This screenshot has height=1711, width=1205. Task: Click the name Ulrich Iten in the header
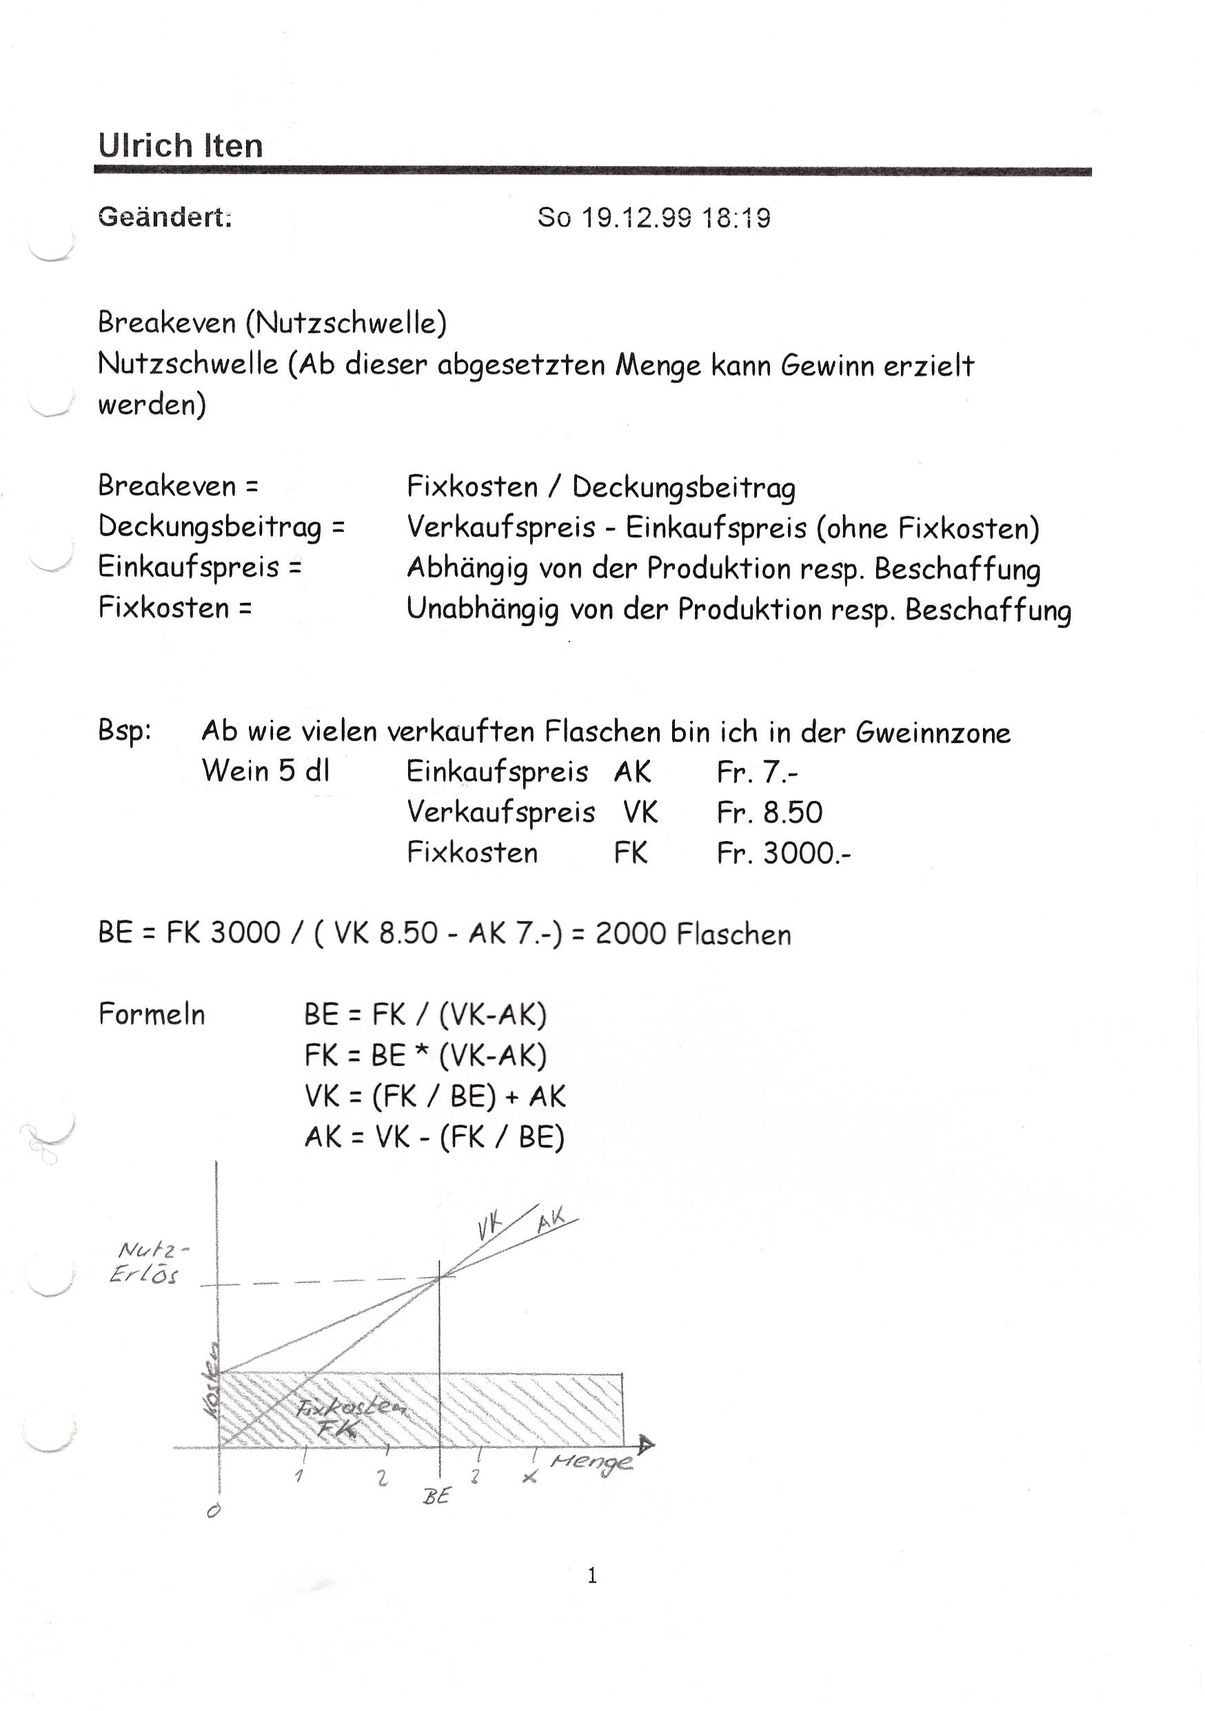pyautogui.click(x=180, y=146)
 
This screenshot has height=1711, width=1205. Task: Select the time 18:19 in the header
pyautogui.click(x=736, y=217)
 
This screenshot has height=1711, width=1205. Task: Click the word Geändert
pyautogui.click(x=165, y=217)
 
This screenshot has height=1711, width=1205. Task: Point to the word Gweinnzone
pyautogui.click(x=933, y=733)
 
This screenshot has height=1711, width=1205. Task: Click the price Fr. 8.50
pyautogui.click(x=769, y=812)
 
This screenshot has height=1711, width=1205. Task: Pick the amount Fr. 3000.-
pyautogui.click(x=784, y=853)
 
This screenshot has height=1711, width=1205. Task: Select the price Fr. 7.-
pyautogui.click(x=757, y=772)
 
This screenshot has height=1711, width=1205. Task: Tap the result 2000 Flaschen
pyautogui.click(x=693, y=933)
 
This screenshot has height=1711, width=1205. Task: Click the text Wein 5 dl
pyautogui.click(x=265, y=771)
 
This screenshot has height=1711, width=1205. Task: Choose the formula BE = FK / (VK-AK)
pyautogui.click(x=425, y=1015)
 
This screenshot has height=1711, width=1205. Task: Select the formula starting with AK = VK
pyautogui.click(x=434, y=1137)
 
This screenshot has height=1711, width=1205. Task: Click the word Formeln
pyautogui.click(x=151, y=1014)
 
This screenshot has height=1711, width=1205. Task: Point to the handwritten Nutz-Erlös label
pyautogui.click(x=148, y=1262)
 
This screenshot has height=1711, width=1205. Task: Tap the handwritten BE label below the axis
pyautogui.click(x=437, y=1496)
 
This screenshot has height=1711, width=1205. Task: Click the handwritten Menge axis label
pyautogui.click(x=591, y=1461)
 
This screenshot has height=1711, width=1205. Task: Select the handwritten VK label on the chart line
pyautogui.click(x=489, y=1226)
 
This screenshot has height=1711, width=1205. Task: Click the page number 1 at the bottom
pyautogui.click(x=592, y=1574)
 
